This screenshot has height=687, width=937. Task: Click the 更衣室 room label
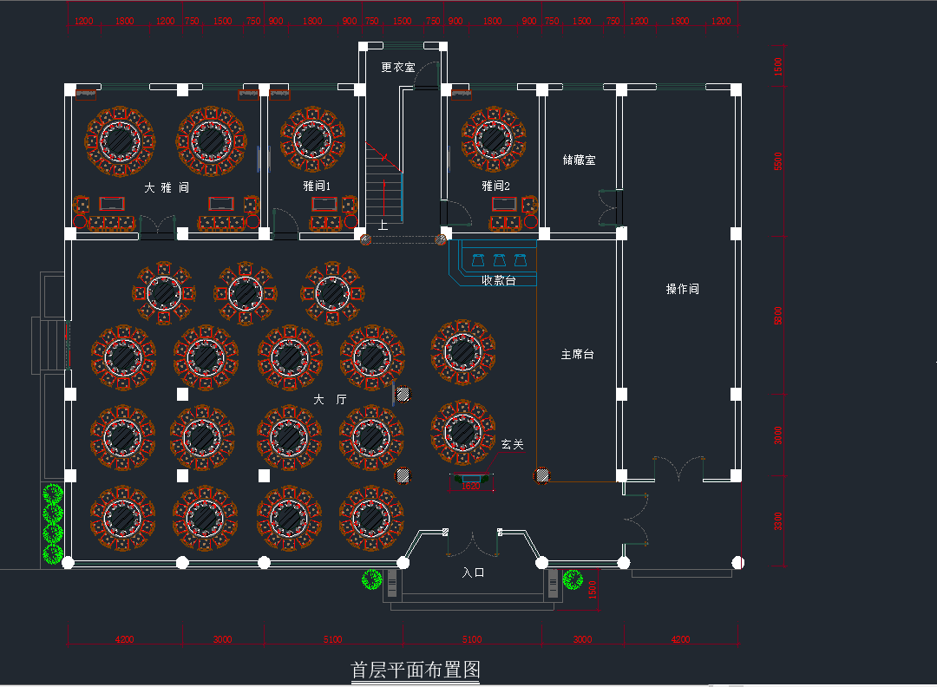398,67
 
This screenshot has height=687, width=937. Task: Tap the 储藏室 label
579,160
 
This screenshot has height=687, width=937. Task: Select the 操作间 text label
682,289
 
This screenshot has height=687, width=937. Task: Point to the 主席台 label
577,355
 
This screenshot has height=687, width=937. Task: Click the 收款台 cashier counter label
499,280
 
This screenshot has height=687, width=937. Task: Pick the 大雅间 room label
166,187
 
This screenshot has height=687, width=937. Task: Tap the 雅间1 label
317,186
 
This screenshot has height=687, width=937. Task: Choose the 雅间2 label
496,186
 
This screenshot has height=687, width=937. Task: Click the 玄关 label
512,444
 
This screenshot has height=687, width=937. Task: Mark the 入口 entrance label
473,572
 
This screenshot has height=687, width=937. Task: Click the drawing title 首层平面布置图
415,670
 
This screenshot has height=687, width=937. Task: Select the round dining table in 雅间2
493,139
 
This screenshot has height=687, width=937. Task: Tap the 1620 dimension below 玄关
470,486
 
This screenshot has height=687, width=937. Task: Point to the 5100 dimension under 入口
471,639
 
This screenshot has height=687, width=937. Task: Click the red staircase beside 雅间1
383,182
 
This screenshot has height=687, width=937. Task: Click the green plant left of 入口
373,579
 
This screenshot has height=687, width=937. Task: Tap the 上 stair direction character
383,226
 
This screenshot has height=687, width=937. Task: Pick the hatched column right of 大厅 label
403,395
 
